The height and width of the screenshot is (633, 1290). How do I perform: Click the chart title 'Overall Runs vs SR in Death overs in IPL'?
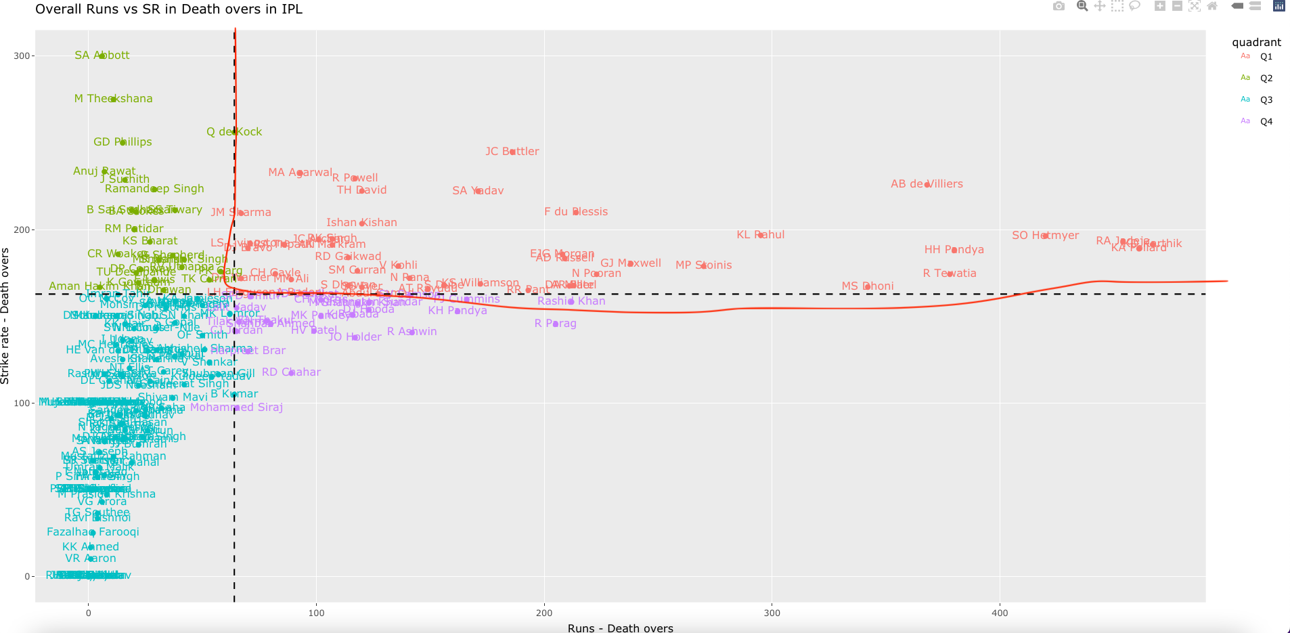click(169, 9)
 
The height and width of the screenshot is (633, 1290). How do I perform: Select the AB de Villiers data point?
click(927, 184)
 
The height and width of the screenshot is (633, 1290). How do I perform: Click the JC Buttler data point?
click(512, 152)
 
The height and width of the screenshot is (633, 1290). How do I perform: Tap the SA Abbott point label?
click(102, 56)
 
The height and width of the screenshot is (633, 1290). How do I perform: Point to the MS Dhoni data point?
click(868, 286)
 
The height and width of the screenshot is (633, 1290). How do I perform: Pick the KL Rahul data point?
click(761, 235)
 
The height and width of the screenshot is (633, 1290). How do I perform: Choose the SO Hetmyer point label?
click(1045, 236)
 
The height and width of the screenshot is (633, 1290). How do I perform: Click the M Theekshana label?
click(113, 99)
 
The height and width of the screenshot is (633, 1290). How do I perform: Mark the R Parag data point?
click(556, 324)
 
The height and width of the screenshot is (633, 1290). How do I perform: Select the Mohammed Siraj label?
click(236, 408)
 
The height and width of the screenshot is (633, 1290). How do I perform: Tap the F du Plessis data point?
click(576, 212)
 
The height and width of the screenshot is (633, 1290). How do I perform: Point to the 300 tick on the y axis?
click(22, 56)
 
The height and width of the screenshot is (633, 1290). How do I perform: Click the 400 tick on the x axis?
click(1000, 613)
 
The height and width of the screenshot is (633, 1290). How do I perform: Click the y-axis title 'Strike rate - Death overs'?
click(5, 316)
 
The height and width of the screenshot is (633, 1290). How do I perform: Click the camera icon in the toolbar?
click(1059, 6)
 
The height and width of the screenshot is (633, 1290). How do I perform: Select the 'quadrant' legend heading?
click(1256, 42)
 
